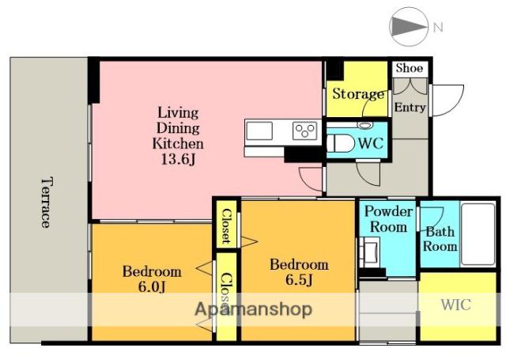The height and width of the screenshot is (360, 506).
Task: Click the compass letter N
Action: click(x=437, y=28)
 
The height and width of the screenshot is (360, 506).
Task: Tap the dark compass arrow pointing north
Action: click(x=408, y=26)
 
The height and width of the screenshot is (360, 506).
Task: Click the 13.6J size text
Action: click(x=178, y=159)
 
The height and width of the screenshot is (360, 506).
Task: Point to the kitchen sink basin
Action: click(x=259, y=131)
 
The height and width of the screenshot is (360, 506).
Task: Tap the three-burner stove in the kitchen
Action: click(x=305, y=131)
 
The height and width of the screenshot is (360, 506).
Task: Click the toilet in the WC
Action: click(x=341, y=143)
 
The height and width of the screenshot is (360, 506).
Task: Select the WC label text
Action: click(x=371, y=143)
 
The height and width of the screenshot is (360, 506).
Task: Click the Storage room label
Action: click(x=358, y=94)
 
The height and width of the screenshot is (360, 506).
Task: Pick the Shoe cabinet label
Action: click(x=410, y=68)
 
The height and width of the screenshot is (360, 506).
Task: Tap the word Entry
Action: click(x=410, y=107)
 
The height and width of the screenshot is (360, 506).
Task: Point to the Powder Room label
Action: click(x=388, y=219)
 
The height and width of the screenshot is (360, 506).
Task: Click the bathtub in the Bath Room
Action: click(x=478, y=234)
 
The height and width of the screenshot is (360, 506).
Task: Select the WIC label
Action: click(x=455, y=305)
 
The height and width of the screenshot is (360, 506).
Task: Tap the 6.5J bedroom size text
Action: click(x=299, y=280)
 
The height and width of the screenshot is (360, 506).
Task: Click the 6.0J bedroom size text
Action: click(x=152, y=286)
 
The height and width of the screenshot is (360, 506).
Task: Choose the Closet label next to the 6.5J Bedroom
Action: click(x=226, y=226)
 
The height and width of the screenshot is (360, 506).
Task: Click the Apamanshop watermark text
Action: click(x=253, y=310)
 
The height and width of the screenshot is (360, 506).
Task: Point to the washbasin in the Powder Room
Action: click(x=370, y=252)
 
